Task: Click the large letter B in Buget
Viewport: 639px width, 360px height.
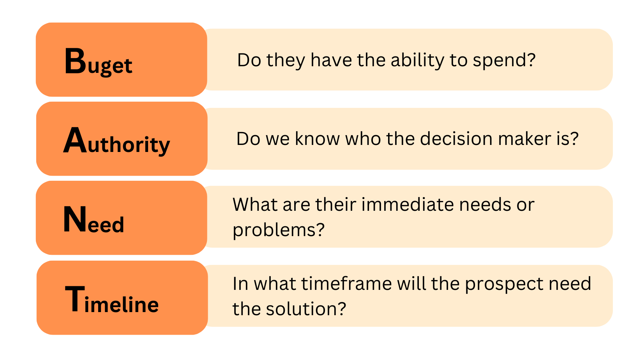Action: pos(75,61)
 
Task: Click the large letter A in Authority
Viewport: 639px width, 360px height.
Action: pos(75,141)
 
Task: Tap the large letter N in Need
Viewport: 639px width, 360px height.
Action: pos(75,220)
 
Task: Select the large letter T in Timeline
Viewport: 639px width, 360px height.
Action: pos(74,299)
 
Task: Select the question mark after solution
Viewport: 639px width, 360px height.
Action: pos(342,309)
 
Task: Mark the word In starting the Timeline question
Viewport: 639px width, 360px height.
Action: pos(240,284)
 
